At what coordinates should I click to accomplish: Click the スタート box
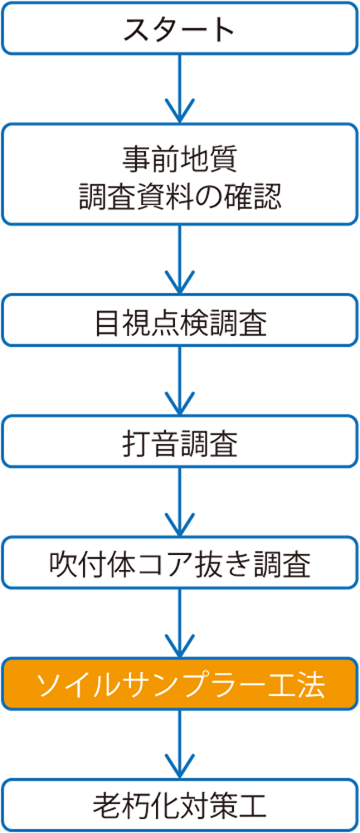(x=179, y=28)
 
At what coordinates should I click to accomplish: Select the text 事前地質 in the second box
(x=179, y=158)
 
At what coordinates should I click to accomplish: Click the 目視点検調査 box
(x=179, y=321)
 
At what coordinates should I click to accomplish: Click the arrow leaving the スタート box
(x=179, y=88)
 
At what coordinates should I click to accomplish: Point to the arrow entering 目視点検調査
(x=179, y=259)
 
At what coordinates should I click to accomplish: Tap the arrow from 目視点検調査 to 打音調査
(x=179, y=382)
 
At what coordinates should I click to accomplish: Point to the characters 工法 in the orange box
(x=298, y=684)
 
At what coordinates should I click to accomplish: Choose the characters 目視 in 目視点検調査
(x=122, y=322)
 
